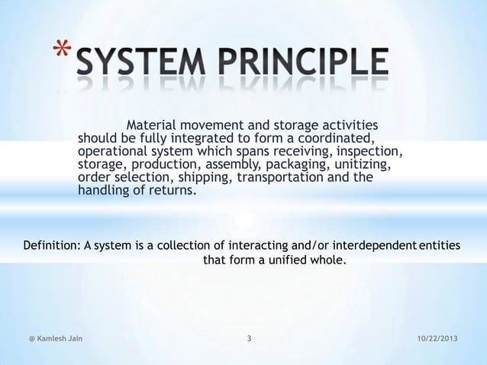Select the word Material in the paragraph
click(151, 125)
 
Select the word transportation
click(279, 177)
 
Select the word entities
click(440, 245)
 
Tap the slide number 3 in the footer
click(250, 338)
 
